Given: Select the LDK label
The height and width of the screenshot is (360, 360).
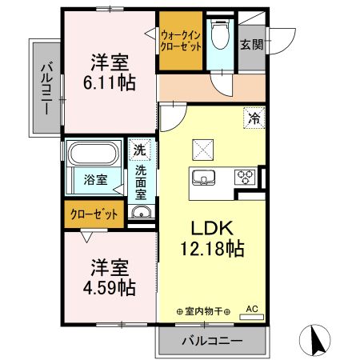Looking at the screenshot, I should coord(211,228).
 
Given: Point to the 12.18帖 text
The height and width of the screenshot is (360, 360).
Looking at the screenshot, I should coord(211,248).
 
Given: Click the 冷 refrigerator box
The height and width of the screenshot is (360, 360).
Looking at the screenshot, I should coord(254,118).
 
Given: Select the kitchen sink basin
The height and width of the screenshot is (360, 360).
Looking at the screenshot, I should coord(202,177).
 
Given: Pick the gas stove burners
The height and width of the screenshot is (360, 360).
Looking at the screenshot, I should coord(244,177).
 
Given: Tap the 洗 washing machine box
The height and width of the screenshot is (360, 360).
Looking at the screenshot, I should coord(140,150).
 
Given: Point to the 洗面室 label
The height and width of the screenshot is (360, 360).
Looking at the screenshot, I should coord(140,182).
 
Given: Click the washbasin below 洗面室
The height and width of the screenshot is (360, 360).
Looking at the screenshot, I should coord(141,213).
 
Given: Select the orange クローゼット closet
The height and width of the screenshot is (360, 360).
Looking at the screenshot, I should coord(94,214).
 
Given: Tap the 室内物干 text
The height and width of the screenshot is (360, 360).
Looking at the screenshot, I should coord(203,311).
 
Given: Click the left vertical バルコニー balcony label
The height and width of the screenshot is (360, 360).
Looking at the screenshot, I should coord(45,87).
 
